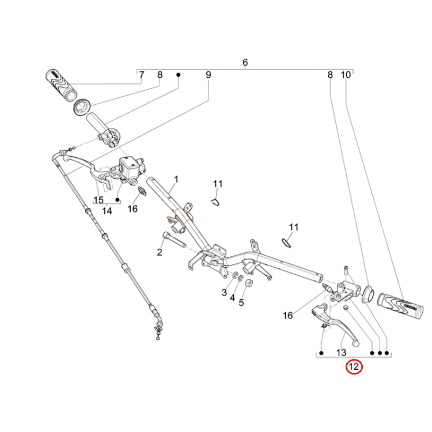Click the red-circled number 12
click(x=354, y=366)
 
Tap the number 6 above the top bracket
click(x=245, y=62)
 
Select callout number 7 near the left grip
click(x=142, y=75)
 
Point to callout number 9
click(x=209, y=75)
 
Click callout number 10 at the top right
click(x=346, y=75)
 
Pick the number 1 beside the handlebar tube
click(x=176, y=180)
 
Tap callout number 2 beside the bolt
click(x=160, y=252)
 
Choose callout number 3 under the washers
click(x=225, y=293)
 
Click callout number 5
click(x=241, y=303)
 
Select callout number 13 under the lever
click(x=341, y=353)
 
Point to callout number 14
click(x=107, y=211)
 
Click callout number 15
click(x=98, y=200)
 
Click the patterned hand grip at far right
click(x=400, y=306)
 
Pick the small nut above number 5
click(x=249, y=283)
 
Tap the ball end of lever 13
click(x=356, y=343)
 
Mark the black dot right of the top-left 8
click(x=178, y=75)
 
